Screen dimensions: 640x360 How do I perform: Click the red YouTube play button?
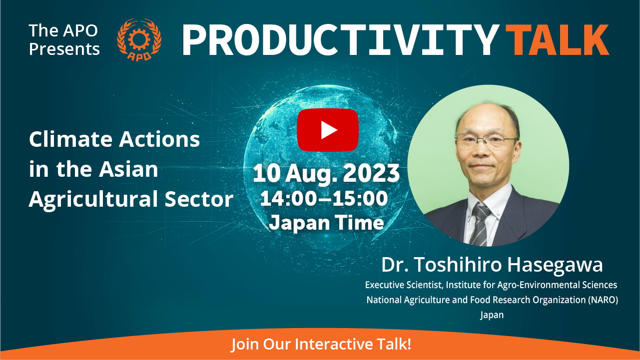(x=328, y=130)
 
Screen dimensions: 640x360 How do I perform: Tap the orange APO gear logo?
(x=139, y=39)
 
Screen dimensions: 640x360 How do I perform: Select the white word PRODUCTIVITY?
(x=341, y=39)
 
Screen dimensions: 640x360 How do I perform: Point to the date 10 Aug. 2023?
(x=326, y=174)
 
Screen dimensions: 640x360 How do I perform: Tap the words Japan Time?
(x=327, y=223)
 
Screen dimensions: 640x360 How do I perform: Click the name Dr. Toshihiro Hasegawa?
(x=492, y=265)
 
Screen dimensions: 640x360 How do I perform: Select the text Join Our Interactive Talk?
(x=321, y=344)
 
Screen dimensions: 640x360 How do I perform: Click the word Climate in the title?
(x=71, y=139)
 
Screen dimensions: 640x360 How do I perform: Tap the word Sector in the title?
(x=199, y=199)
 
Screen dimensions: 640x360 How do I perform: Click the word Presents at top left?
(x=64, y=49)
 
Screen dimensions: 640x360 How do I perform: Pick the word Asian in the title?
(x=128, y=169)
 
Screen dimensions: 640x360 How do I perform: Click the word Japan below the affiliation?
(x=492, y=316)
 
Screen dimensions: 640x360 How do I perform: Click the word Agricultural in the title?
(x=94, y=200)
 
